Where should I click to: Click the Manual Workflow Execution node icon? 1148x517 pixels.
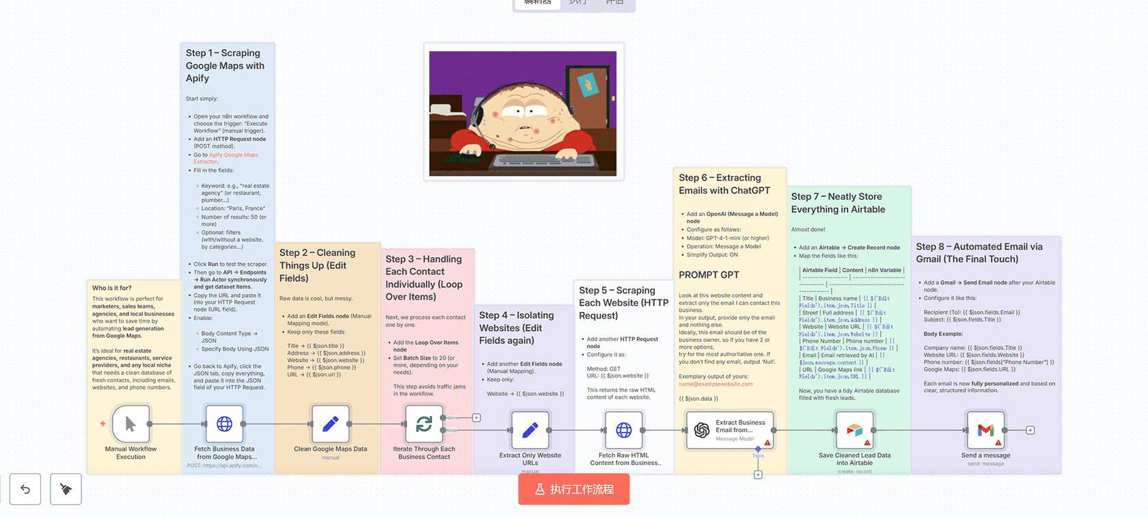point(131,425)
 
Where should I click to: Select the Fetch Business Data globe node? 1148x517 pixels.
point(224,424)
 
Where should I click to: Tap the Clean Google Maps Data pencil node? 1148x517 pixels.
point(330,424)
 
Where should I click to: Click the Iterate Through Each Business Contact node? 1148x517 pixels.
point(424,424)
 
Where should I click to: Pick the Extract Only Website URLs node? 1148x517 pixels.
point(530,430)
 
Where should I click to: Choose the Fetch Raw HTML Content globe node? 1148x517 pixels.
point(623,430)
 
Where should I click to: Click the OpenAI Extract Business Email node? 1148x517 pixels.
point(729,430)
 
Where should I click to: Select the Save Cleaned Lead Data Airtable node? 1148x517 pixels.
point(854,430)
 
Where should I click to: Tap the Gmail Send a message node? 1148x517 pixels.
point(985,430)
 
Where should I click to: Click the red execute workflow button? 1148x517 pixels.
point(573,489)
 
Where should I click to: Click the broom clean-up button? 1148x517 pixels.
point(66,489)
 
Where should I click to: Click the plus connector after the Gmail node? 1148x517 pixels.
point(1030,430)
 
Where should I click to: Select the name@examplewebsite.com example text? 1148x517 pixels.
point(715,384)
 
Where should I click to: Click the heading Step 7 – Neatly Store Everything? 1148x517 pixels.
point(838,203)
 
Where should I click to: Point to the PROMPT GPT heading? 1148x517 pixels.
point(709,275)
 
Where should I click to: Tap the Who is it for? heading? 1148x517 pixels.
point(112,288)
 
